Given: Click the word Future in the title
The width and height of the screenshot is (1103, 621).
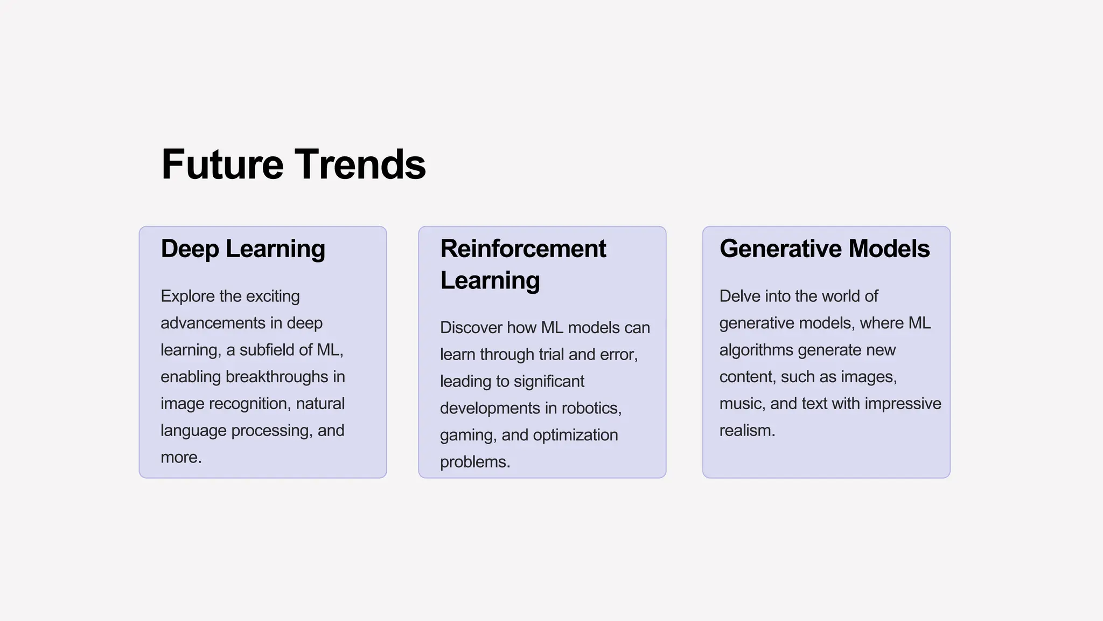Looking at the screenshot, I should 222,164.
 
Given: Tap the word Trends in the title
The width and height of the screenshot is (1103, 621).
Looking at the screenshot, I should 360,164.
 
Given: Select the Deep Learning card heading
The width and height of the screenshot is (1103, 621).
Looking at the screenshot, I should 243,249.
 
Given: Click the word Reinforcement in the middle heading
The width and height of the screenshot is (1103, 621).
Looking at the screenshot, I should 523,249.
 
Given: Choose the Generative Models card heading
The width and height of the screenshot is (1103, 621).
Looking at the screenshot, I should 825,249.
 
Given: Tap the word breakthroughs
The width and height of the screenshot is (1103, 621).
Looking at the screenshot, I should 277,377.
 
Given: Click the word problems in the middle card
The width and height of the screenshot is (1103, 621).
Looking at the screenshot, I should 473,463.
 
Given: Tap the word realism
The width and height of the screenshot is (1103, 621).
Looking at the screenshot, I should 746,431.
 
